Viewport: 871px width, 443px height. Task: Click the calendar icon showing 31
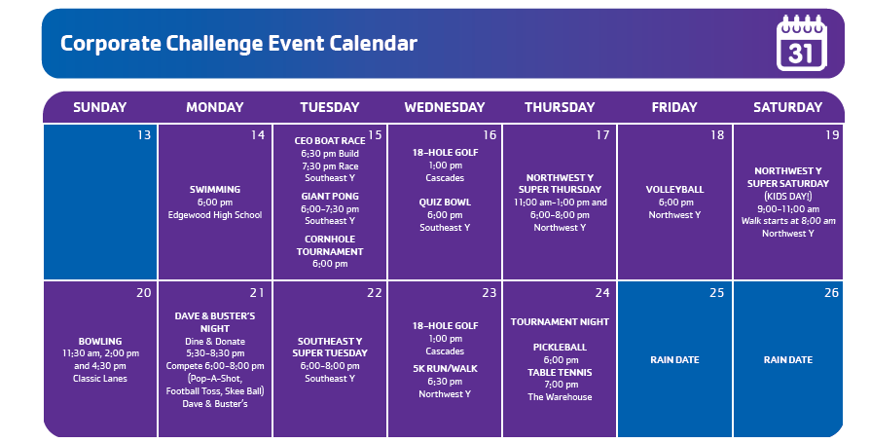click(x=802, y=44)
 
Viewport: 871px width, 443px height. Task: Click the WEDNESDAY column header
click(x=445, y=107)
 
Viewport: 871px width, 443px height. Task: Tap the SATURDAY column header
click(x=787, y=107)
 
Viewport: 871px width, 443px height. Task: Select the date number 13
click(x=144, y=135)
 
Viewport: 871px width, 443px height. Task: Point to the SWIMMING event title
click(x=215, y=190)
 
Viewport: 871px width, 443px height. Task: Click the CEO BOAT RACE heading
click(x=330, y=141)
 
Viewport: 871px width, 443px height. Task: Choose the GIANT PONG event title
click(x=330, y=197)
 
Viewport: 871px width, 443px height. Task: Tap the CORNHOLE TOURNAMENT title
click(x=330, y=245)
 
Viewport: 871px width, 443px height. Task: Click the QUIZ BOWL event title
click(x=445, y=203)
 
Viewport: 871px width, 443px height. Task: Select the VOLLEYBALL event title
click(x=675, y=190)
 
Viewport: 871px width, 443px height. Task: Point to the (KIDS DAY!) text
click(x=787, y=197)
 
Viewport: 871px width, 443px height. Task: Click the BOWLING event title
click(x=100, y=342)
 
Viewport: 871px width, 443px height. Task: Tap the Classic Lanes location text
click(x=100, y=379)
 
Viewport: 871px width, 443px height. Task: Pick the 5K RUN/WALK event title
click(x=445, y=369)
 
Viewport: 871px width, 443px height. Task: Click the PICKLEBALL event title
click(x=560, y=348)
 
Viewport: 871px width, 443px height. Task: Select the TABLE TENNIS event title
click(x=560, y=372)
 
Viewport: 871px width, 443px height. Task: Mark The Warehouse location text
click(x=560, y=397)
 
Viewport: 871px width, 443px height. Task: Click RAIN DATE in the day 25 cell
click(x=675, y=359)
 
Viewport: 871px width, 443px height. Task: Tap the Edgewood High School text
click(x=215, y=215)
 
